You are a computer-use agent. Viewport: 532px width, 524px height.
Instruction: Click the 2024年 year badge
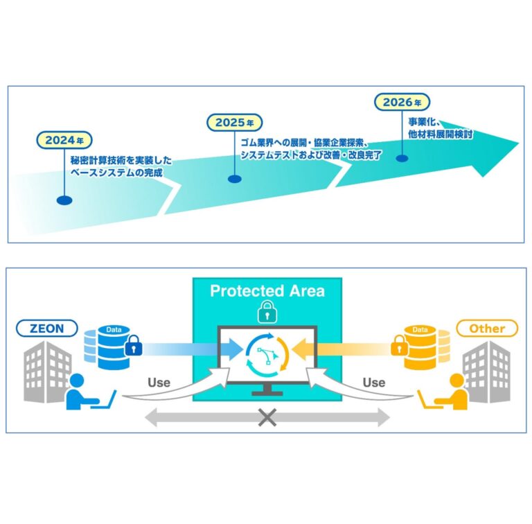(64, 140)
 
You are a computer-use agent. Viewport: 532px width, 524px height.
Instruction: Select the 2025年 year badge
(234, 122)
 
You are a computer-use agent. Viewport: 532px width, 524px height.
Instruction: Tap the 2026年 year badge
(402, 102)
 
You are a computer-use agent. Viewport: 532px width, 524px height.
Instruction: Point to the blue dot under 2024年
(64, 200)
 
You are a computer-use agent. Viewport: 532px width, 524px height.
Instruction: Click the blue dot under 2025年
(234, 179)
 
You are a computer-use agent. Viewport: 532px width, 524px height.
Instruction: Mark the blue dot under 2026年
(402, 158)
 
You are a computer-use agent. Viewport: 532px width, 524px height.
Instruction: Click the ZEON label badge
(47, 328)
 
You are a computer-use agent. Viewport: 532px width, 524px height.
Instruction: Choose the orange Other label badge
(487, 328)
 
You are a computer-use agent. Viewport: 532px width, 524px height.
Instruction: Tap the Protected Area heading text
(267, 291)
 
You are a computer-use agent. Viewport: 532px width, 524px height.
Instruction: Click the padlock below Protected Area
(267, 312)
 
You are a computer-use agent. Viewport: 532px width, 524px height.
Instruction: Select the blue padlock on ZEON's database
(133, 345)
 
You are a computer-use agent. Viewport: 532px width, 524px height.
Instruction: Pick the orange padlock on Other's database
(399, 345)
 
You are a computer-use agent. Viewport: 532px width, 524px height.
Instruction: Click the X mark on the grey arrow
(267, 417)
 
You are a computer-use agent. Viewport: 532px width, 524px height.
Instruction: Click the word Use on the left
(159, 383)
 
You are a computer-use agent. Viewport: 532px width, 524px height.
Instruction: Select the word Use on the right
(374, 383)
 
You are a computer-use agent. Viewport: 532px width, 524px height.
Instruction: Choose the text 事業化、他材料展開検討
(440, 128)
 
